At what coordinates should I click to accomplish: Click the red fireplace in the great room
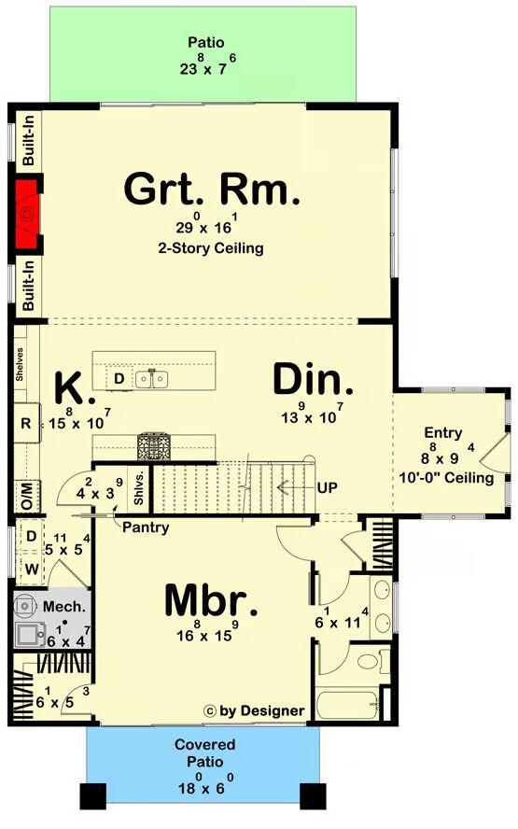[x=27, y=214]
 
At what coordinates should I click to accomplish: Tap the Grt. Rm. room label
[x=212, y=189]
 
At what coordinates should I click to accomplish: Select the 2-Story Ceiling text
[x=211, y=248]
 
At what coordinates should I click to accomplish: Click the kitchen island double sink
[x=152, y=378]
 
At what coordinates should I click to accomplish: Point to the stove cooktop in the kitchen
[x=154, y=446]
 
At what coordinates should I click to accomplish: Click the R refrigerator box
[x=26, y=423]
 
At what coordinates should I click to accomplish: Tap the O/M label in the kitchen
[x=27, y=496]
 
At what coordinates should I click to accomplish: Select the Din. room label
[x=313, y=379]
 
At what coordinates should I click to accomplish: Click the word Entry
[x=443, y=433]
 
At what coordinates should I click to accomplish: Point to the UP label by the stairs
[x=328, y=487]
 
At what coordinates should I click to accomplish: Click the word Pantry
[x=146, y=527]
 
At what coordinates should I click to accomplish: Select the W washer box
[x=31, y=569]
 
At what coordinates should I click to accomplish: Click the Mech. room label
[x=64, y=607]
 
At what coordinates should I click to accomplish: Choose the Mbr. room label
[x=211, y=600]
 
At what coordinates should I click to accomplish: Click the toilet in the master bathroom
[x=369, y=661]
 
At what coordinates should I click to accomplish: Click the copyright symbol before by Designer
[x=209, y=711]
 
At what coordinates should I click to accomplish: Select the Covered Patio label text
[x=205, y=752]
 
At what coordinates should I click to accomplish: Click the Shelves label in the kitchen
[x=21, y=364]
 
